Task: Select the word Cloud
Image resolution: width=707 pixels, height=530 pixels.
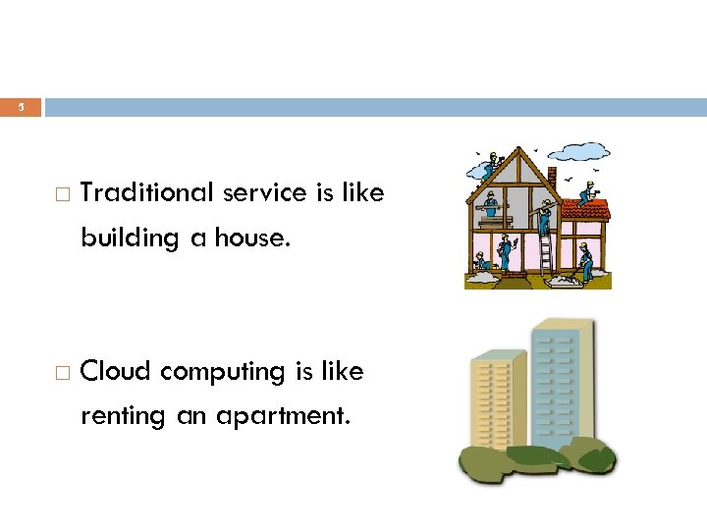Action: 116,372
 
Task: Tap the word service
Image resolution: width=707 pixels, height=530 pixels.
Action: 265,193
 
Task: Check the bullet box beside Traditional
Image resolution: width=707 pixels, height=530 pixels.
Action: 62,194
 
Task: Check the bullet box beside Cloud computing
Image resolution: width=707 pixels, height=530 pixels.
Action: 62,373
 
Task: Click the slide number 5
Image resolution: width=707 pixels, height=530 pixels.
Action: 21,107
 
